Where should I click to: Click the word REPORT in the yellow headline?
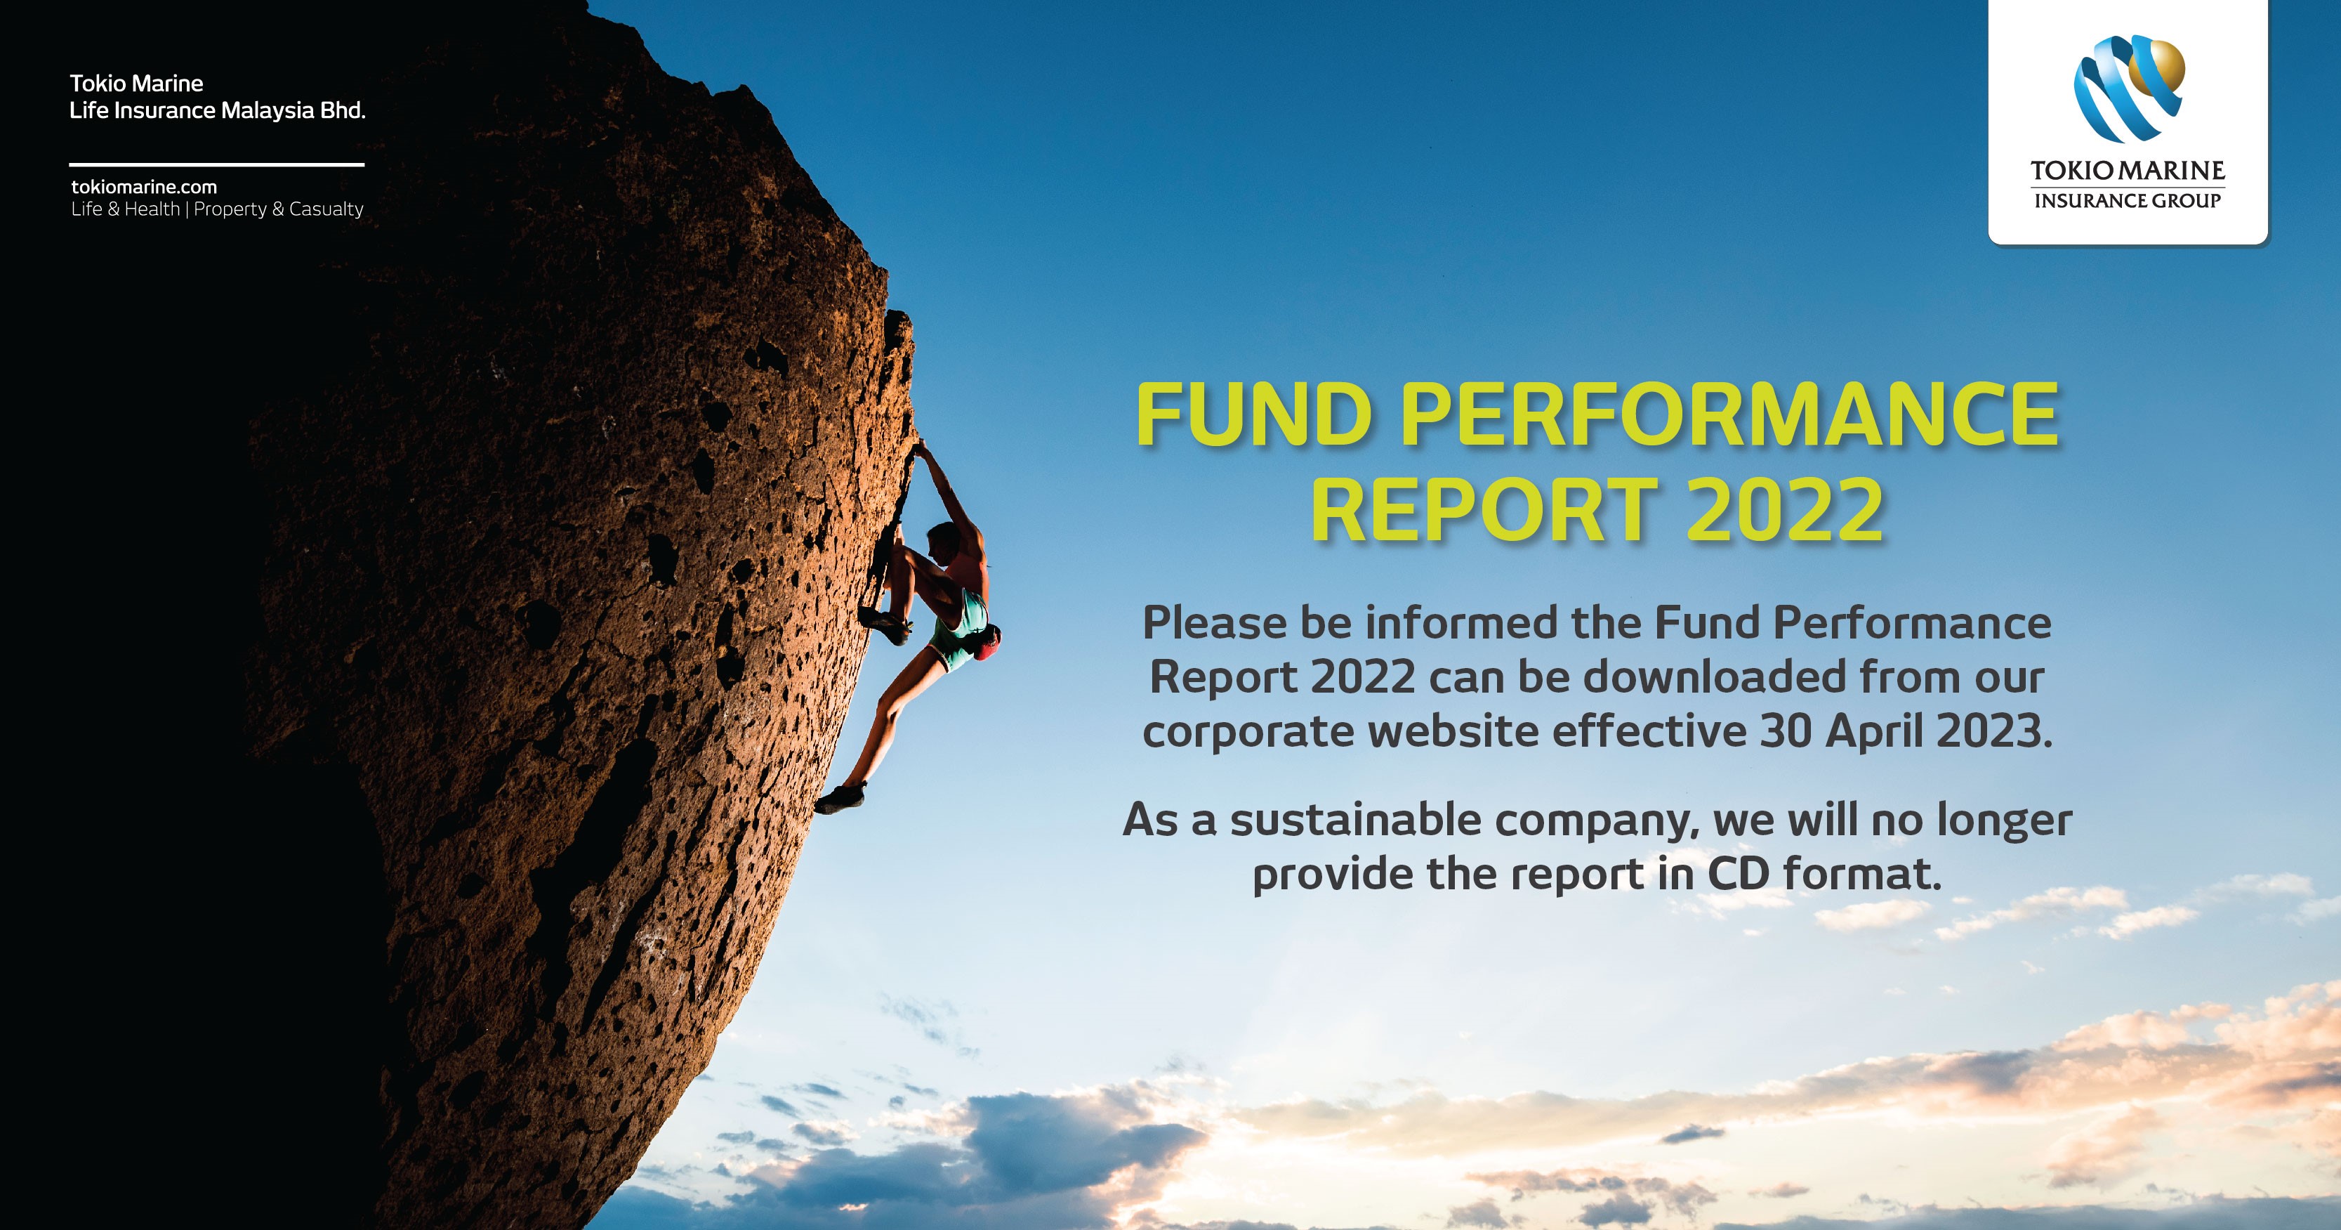click(1484, 510)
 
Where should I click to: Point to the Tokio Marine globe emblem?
click(2128, 89)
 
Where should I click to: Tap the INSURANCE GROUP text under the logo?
click(2128, 201)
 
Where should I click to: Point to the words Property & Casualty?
click(278, 209)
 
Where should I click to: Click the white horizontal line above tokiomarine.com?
click(216, 164)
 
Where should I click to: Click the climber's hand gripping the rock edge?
click(921, 448)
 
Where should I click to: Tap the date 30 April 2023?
click(1906, 731)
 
